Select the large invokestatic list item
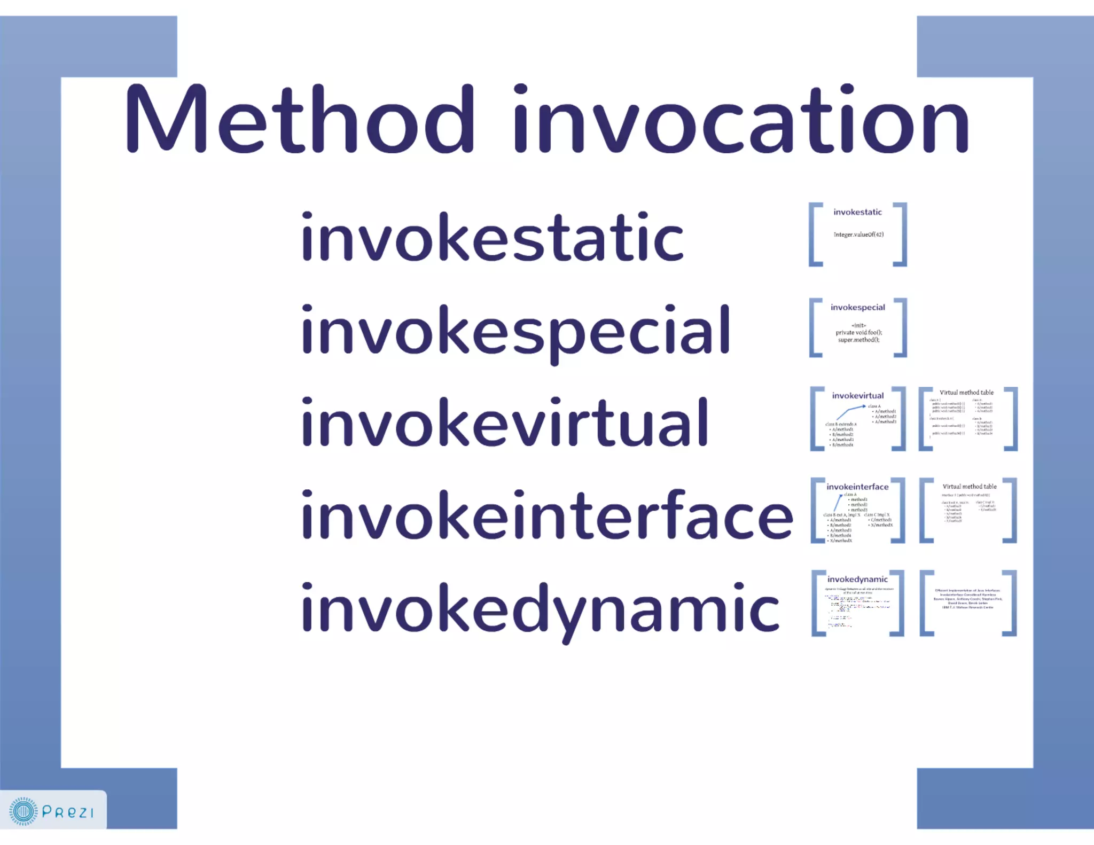pos(492,237)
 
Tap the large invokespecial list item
pos(515,331)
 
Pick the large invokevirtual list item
pos(505,423)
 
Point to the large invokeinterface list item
pos(547,515)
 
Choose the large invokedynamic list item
pos(540,609)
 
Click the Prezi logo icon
pos(23,811)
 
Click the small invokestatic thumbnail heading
pos(857,212)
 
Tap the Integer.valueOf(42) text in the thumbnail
pos(858,234)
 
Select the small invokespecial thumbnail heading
pos(857,307)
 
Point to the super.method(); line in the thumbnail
pos(858,340)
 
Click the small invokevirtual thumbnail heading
pos(857,396)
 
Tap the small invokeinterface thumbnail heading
pos(857,487)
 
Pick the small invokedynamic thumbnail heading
pos(857,579)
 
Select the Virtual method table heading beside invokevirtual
pos(966,393)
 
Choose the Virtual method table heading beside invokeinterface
pos(969,487)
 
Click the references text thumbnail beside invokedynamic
pos(967,599)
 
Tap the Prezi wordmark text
pos(68,812)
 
